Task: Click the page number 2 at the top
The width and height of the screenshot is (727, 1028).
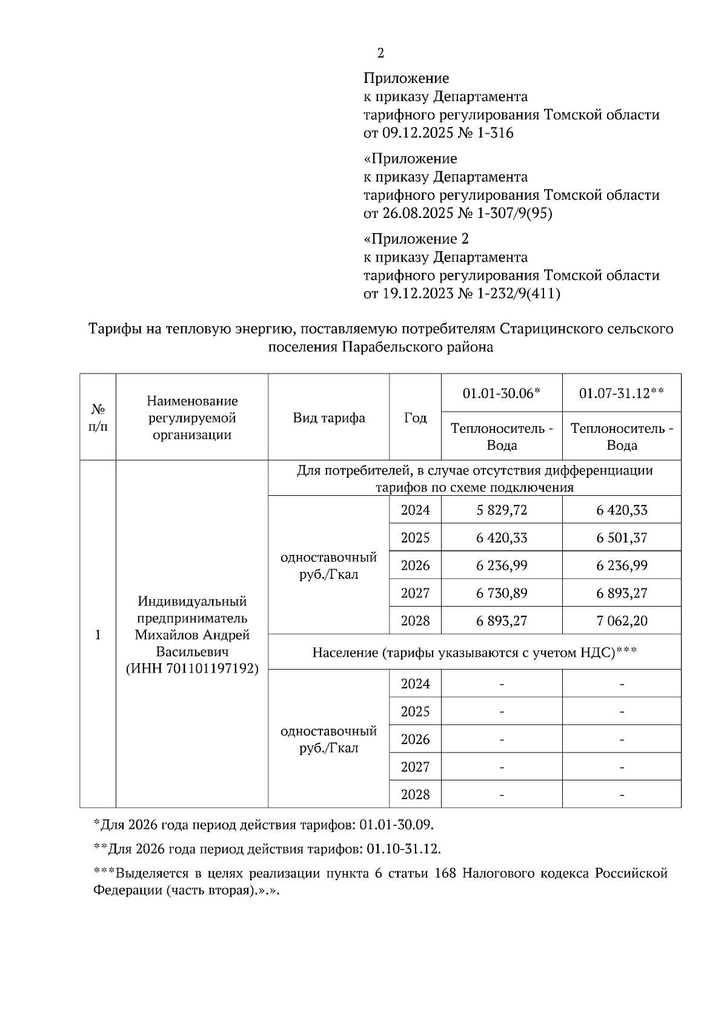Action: click(380, 53)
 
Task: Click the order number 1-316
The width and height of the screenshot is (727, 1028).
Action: click(493, 133)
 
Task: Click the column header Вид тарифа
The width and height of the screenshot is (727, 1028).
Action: click(328, 418)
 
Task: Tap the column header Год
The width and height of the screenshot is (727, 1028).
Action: click(415, 418)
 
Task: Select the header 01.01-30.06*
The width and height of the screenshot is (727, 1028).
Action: click(501, 394)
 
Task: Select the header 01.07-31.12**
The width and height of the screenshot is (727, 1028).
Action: click(622, 394)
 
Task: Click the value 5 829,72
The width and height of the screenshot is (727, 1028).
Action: click(502, 510)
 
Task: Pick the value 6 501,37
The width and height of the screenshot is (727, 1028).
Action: click(622, 538)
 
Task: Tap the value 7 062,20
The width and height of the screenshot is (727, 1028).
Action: click(622, 621)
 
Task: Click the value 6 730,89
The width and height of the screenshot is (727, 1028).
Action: click(502, 593)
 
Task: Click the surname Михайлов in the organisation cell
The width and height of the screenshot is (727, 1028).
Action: click(166, 635)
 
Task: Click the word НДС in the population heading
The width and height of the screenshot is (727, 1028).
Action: click(599, 653)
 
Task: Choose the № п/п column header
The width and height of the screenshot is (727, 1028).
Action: click(98, 418)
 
